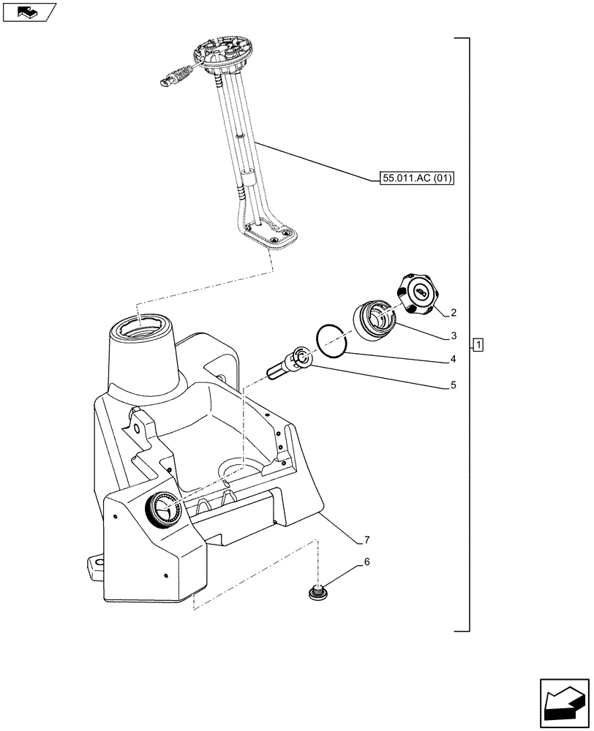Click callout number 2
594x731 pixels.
click(454, 313)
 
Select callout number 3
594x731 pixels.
click(454, 336)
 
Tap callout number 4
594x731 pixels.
click(454, 360)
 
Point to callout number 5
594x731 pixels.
click(454, 384)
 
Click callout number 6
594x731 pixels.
click(366, 563)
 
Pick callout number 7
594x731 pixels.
click(366, 540)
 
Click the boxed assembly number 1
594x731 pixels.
click(478, 344)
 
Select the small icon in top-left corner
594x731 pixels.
click(29, 12)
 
